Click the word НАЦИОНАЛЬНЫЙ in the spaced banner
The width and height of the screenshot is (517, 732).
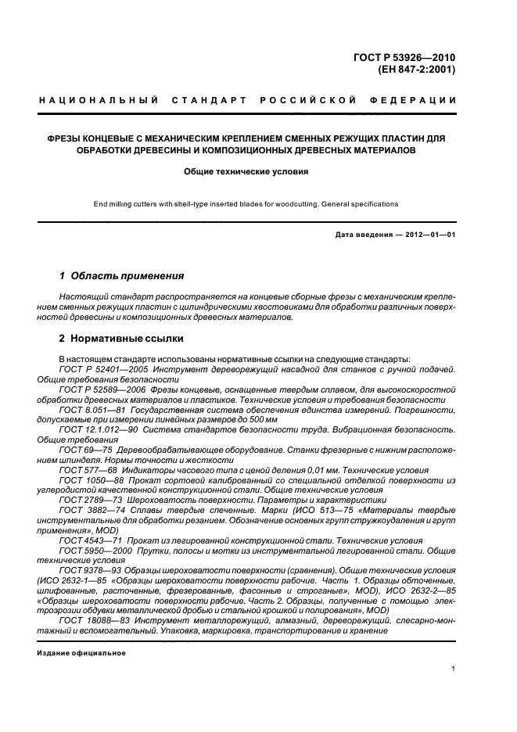(x=99, y=100)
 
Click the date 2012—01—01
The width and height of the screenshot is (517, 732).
(x=428, y=235)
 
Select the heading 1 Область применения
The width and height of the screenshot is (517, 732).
(x=121, y=276)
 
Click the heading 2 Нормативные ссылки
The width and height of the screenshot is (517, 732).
(x=121, y=339)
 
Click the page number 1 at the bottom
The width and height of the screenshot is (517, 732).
(x=454, y=669)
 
